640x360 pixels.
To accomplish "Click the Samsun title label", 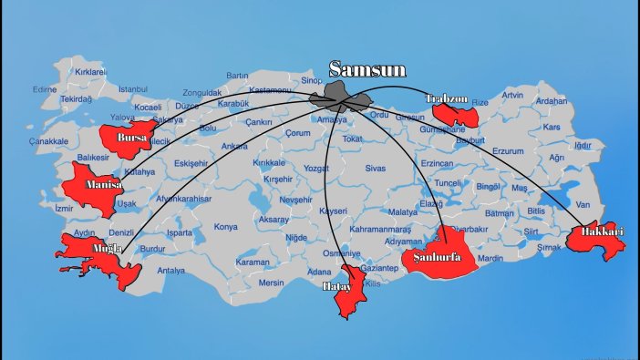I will coord(366,69).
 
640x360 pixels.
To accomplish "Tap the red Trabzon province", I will coord(455,113).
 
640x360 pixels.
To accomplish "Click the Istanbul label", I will coord(132,88).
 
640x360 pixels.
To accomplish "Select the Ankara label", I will coord(234,146).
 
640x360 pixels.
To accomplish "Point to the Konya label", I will coord(225,227).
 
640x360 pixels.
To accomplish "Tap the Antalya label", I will coord(170,271).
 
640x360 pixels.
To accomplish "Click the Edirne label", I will coord(45,89).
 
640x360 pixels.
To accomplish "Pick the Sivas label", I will coord(376,169).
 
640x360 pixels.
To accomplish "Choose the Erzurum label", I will coord(508,151).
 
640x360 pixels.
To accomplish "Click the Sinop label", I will coord(311,81).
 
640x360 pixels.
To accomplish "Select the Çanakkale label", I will coord(48,141).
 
